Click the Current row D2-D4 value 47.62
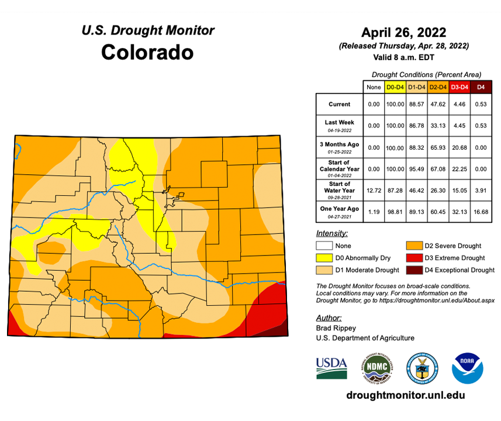(437, 104)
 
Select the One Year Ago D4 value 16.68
(481, 211)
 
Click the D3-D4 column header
(459, 87)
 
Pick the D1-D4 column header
(416, 87)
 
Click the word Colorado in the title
(147, 52)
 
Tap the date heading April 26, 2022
(403, 32)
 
